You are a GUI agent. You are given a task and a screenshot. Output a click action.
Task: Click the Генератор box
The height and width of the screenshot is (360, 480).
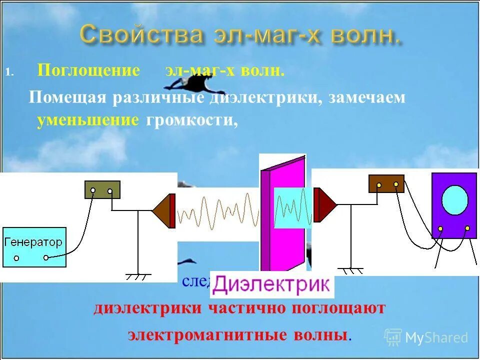pos(34,247)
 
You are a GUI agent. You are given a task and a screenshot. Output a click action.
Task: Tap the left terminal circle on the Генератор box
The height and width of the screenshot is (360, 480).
pos(16,258)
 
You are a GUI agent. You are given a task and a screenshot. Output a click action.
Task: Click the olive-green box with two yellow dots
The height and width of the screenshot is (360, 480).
pos(102,190)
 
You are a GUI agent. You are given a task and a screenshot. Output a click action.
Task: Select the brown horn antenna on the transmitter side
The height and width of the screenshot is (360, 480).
pos(164,210)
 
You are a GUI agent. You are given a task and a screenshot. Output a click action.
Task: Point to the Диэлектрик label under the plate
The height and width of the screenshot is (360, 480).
pos(272,285)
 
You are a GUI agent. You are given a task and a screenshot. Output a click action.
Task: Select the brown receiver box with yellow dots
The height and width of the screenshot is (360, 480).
pos(386,184)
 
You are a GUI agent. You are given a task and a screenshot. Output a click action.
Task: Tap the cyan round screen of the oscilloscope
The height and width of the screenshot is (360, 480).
pos(455,200)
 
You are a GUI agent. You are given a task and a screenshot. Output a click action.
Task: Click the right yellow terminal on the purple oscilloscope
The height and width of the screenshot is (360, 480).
pos(467,228)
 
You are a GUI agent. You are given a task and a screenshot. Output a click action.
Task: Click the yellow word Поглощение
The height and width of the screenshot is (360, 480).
pos(89,70)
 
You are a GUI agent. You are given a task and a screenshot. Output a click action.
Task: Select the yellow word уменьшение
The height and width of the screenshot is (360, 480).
pos(87,120)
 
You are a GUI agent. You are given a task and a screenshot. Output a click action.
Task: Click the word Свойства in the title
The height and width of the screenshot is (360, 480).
pos(141,35)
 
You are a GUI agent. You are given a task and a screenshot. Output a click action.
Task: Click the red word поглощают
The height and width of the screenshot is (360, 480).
pos(334,308)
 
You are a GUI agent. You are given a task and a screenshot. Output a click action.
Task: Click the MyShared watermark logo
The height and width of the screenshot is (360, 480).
pos(427,337)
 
